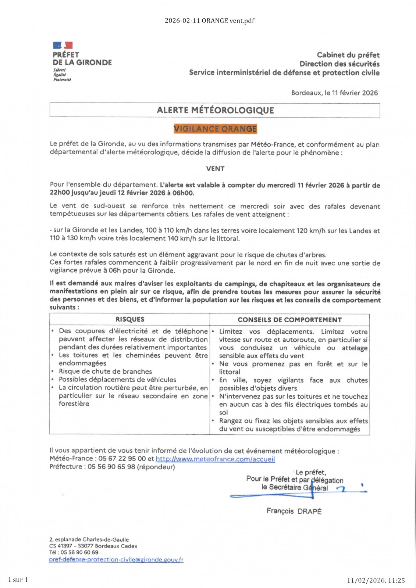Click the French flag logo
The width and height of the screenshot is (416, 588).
coord(63,45)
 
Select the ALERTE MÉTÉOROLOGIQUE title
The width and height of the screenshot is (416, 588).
coord(215,110)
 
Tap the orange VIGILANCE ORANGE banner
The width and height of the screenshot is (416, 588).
coord(215,129)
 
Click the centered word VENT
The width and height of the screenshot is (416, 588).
coord(215,169)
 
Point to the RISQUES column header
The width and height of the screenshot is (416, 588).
coord(130,319)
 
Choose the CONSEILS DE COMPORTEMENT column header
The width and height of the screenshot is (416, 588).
coord(289,320)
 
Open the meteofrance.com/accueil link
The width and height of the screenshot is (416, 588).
coord(215,459)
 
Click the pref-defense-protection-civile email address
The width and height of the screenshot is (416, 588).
coord(116,559)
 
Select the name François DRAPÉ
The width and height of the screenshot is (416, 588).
coord(294,511)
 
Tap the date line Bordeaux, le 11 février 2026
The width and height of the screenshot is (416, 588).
coord(334,93)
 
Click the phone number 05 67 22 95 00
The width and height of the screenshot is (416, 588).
coord(122,459)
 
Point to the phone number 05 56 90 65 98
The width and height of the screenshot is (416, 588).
coord(111,467)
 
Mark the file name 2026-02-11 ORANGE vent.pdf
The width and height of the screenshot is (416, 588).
coord(209,21)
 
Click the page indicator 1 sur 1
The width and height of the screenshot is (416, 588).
coord(18,580)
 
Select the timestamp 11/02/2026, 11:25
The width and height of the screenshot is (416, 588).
coord(376,580)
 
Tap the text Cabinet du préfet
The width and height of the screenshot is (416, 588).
coord(348,55)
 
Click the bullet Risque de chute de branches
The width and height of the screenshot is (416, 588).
coord(105,372)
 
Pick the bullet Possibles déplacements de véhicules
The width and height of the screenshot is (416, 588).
coord(117,380)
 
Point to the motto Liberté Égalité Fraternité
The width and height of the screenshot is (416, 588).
coord(62,75)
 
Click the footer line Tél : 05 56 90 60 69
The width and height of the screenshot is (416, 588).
coord(74,552)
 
